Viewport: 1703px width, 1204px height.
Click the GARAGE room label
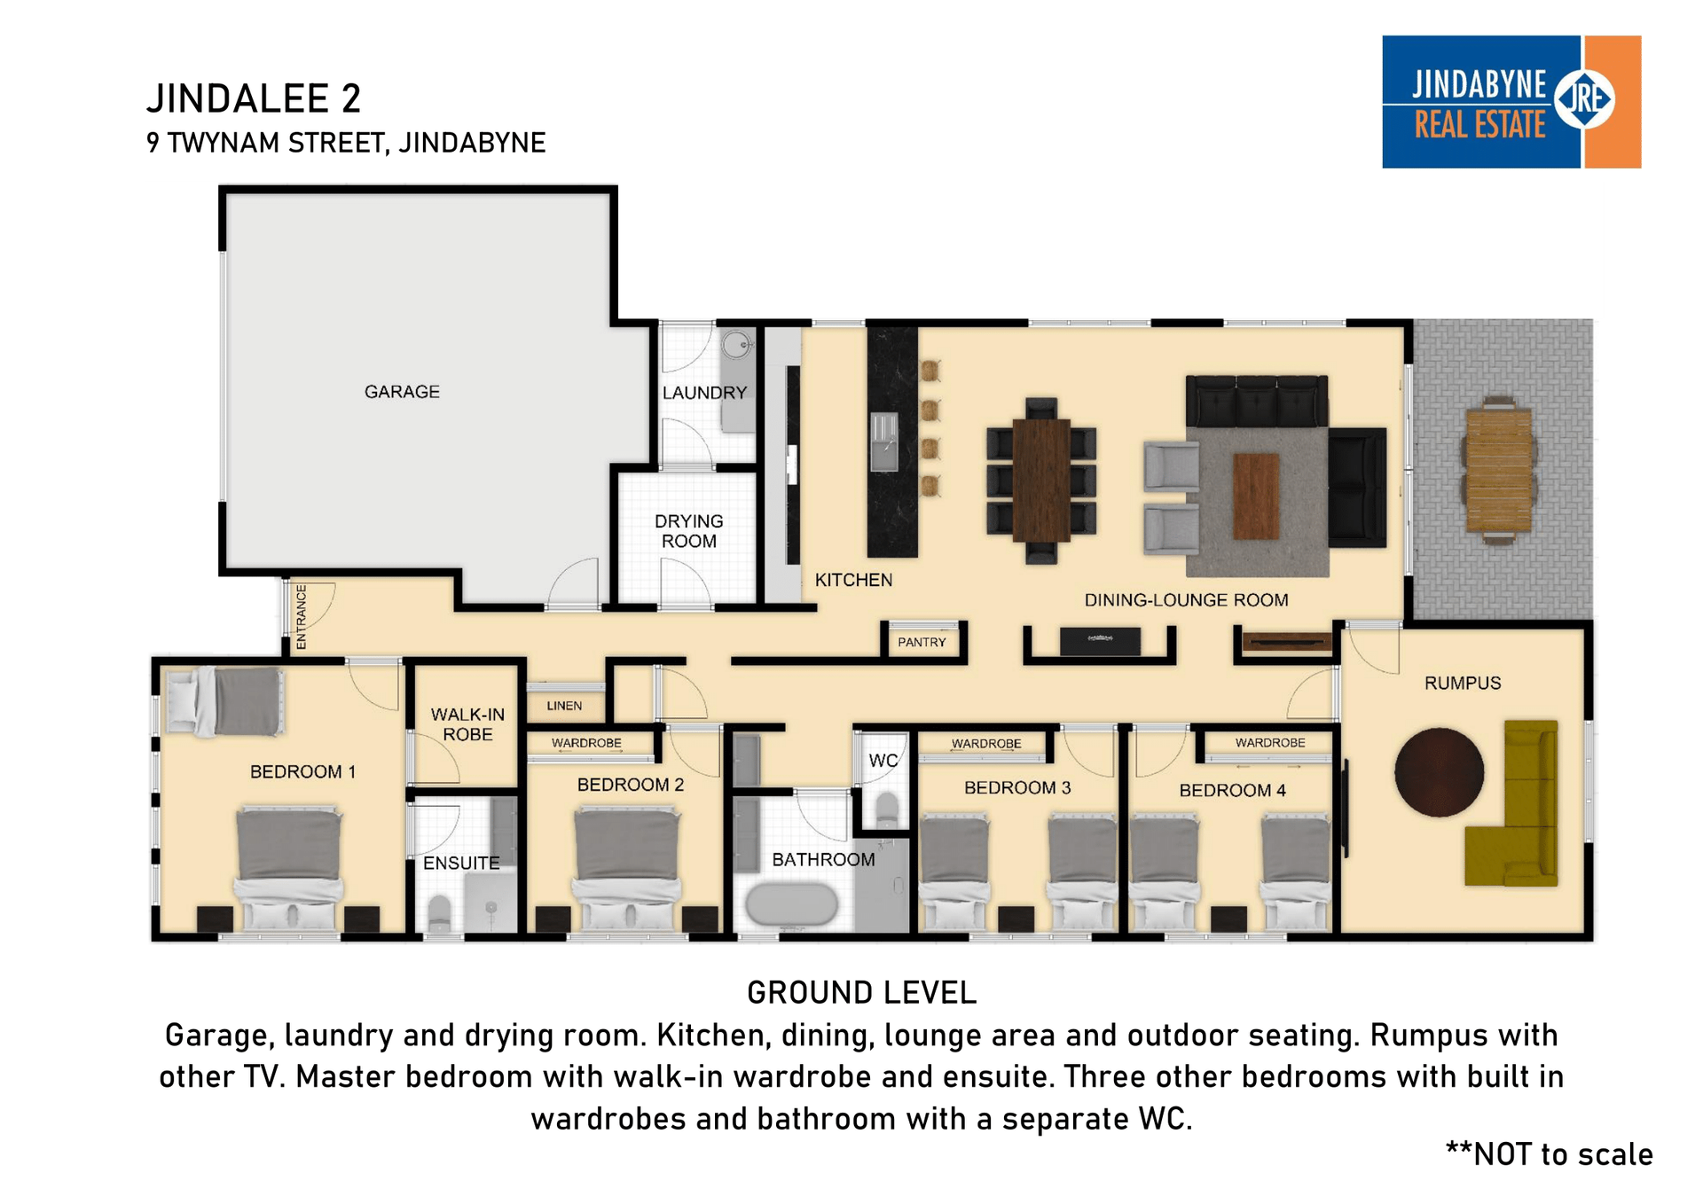point(402,392)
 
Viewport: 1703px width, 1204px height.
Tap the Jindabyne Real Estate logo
point(1511,102)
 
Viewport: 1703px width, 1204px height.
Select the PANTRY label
point(922,642)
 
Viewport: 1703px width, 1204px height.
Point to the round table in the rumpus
point(1439,771)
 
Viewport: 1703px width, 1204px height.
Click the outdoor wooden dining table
point(1499,470)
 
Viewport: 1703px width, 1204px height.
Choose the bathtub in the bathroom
point(791,905)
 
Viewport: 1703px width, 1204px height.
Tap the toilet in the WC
point(886,809)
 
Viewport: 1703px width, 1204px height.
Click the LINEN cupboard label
point(564,706)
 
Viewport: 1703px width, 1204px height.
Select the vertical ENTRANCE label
point(301,617)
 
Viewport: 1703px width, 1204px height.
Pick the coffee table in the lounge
point(1256,496)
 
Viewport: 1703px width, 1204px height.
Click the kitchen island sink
point(884,442)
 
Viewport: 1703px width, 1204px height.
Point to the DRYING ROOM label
point(689,531)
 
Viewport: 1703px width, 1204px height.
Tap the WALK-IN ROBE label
point(467,724)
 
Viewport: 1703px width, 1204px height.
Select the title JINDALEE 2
point(254,98)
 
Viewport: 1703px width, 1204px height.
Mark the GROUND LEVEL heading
point(861,993)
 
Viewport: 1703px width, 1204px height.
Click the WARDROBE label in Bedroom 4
point(1270,743)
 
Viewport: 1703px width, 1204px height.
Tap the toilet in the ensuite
point(439,913)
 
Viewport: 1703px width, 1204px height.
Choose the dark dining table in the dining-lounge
point(1041,480)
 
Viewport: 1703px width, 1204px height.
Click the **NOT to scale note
point(1550,1154)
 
